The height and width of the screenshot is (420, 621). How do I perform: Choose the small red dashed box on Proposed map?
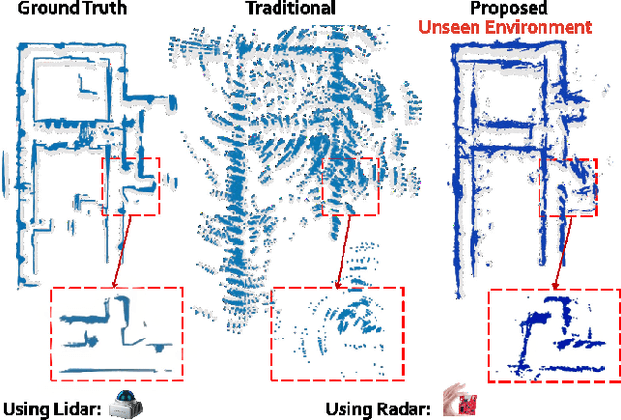[568, 188]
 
